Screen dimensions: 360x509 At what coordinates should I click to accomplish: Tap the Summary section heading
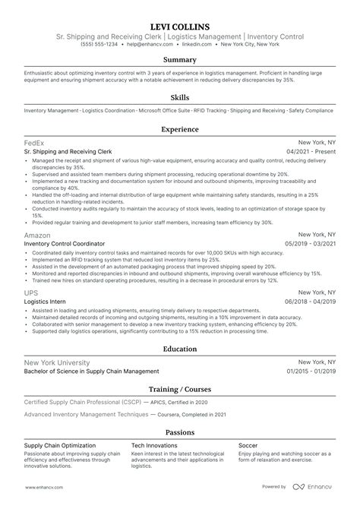point(180,60)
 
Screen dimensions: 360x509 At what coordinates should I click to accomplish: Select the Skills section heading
point(180,98)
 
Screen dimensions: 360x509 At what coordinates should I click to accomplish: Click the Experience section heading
point(180,130)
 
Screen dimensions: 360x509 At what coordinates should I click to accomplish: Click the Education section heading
point(180,349)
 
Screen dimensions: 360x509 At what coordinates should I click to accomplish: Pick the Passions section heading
point(180,432)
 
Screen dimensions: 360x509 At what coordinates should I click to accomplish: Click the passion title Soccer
point(248,444)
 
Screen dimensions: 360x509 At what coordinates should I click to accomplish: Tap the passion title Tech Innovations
point(153,444)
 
